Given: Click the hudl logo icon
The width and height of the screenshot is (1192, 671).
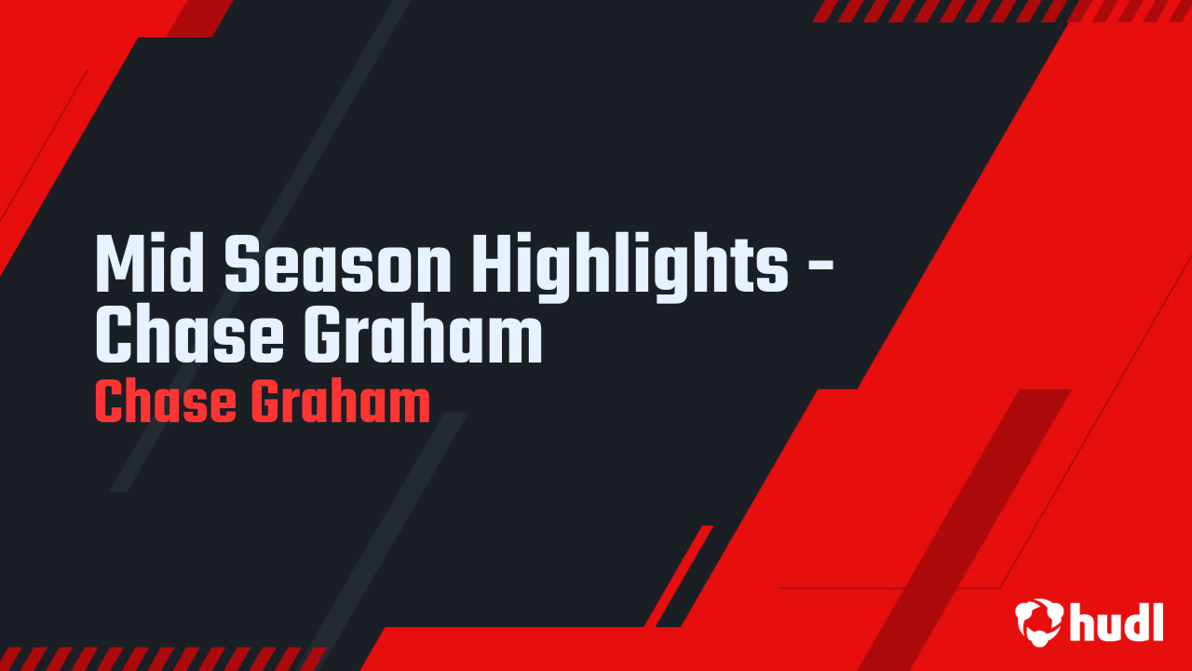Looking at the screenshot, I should click(1039, 621).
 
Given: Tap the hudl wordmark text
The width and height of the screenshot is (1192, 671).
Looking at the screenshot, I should click(1117, 621).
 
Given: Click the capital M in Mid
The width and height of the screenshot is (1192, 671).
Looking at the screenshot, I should click(118, 264).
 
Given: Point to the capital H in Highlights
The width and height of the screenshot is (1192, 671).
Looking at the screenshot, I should click(494, 264).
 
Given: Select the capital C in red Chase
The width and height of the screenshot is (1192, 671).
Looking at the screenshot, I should click(109, 402).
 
